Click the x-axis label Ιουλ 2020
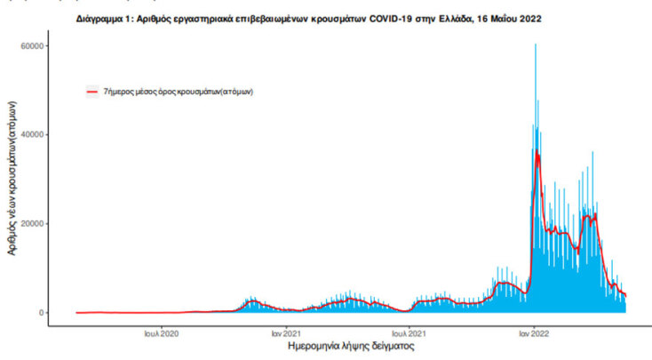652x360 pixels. (162, 334)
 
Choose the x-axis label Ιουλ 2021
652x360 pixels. (405, 334)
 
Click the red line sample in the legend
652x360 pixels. (91, 91)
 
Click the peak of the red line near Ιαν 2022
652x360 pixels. (537, 155)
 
